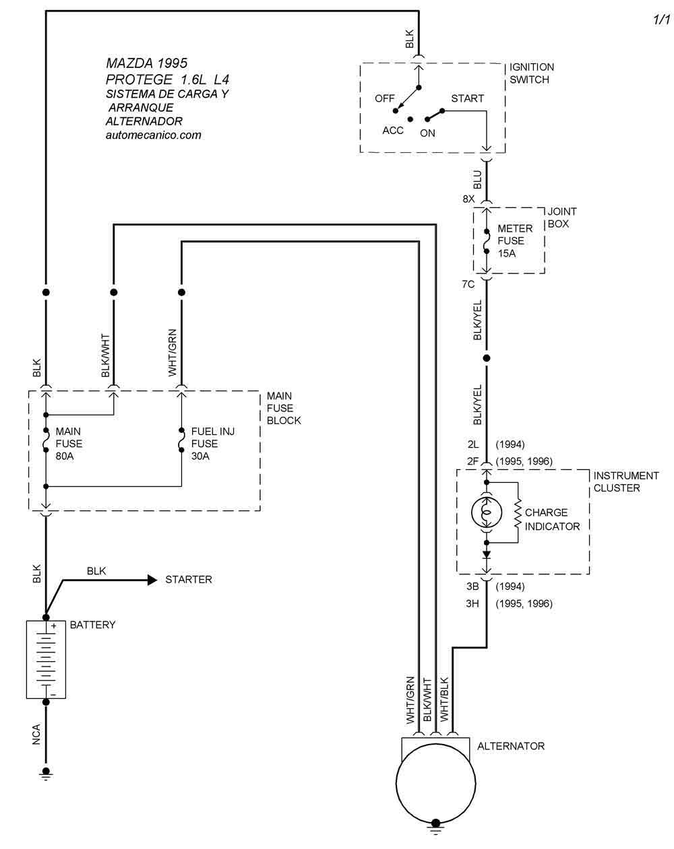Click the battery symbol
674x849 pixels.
(46, 659)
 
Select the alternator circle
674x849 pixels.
(435, 783)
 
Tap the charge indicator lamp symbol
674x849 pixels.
(486, 512)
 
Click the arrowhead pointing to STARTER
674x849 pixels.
(152, 580)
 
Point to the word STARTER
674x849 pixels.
(189, 580)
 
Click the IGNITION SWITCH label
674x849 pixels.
(532, 73)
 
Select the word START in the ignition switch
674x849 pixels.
(467, 98)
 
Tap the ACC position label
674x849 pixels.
(393, 131)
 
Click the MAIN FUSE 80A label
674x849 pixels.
(69, 444)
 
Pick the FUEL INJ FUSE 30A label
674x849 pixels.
(212, 444)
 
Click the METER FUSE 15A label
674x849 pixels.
(515, 241)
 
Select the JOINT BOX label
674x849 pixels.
(561, 217)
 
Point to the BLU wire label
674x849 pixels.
(477, 179)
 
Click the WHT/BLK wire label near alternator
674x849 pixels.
(444, 700)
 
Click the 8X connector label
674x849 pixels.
(469, 199)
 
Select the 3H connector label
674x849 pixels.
(472, 604)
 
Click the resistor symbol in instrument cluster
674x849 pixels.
(518, 512)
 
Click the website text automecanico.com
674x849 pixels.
(154, 135)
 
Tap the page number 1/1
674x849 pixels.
(662, 20)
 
